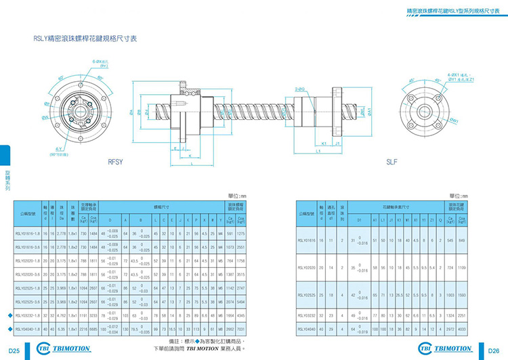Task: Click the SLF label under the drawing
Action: [392, 162]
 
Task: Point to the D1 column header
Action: [360, 221]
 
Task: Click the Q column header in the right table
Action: [442, 221]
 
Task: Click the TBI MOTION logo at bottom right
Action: [448, 348]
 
